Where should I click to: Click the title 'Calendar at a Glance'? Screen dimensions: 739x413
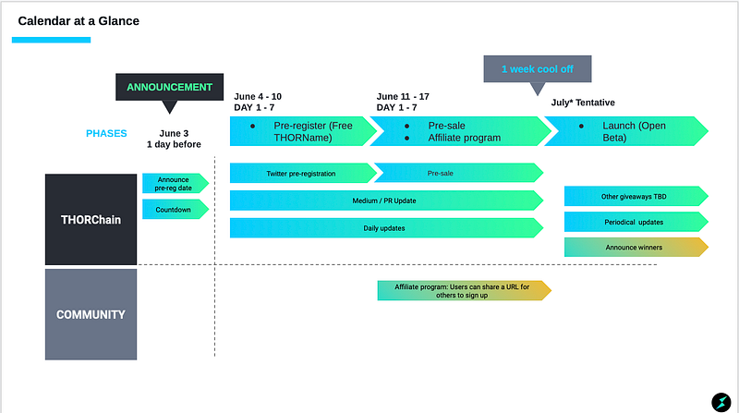point(79,21)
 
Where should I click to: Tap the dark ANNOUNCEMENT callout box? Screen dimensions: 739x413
point(170,87)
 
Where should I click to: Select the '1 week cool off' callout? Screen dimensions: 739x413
point(538,69)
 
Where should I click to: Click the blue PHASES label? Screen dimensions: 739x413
point(106,133)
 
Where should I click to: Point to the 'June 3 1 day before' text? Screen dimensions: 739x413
point(174,139)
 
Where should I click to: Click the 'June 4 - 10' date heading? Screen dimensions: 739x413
point(258,97)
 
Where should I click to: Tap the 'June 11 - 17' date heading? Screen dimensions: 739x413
point(403,97)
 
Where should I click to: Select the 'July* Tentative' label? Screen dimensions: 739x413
point(583,103)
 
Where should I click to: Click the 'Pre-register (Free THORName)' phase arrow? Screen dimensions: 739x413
point(302,131)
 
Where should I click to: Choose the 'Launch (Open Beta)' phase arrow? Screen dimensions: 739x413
point(626,131)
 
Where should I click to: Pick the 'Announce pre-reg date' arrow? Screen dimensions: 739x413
point(176,183)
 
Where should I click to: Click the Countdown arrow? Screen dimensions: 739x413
point(176,210)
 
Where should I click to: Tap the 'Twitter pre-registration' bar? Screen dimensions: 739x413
point(303,173)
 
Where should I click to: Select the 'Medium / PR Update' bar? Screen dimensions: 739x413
point(386,200)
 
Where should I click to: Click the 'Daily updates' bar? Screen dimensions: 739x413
point(386,227)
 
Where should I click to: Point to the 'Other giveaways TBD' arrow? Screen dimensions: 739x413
point(636,196)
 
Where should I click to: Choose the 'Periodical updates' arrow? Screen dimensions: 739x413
point(636,222)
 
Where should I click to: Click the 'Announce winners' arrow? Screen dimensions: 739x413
point(636,247)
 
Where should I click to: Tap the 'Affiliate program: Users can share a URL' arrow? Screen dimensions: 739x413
point(465,290)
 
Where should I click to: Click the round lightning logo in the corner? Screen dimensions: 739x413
point(721,402)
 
